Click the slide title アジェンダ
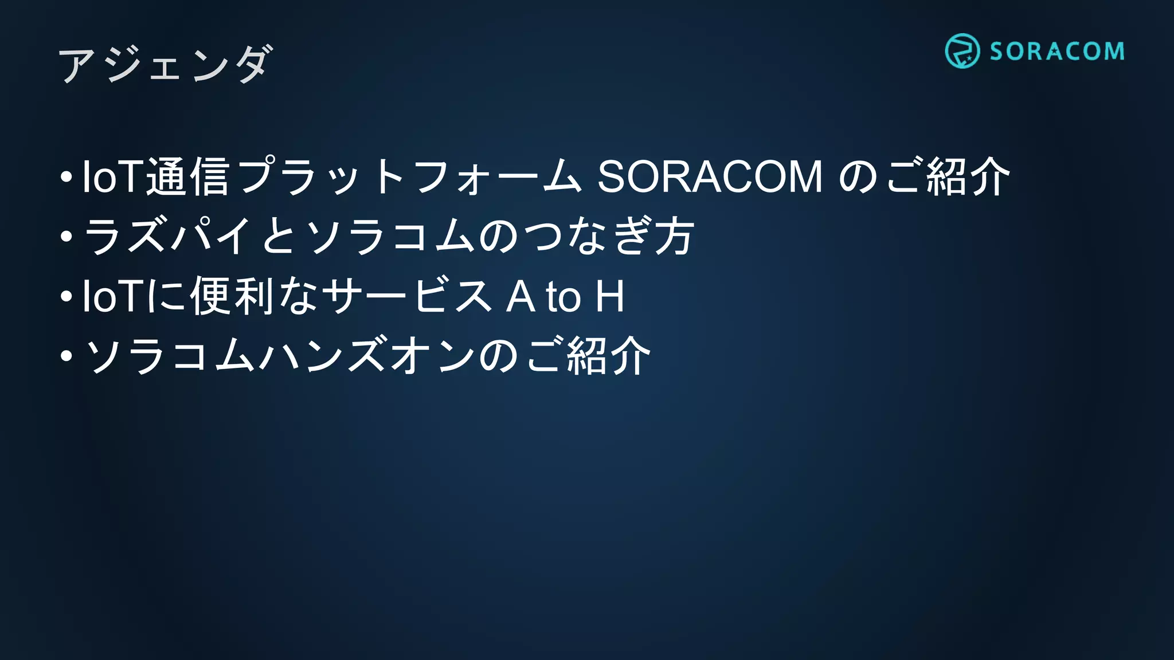tap(165, 64)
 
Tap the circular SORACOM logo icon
tap(962, 51)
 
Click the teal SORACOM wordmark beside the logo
tap(1056, 52)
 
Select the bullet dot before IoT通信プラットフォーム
tap(66, 176)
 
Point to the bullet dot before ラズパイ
tap(66, 236)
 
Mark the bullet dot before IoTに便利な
tap(66, 296)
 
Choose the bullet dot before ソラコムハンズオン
tap(66, 356)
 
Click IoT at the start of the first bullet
tap(113, 176)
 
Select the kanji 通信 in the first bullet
tap(188, 176)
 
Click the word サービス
tap(407, 296)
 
